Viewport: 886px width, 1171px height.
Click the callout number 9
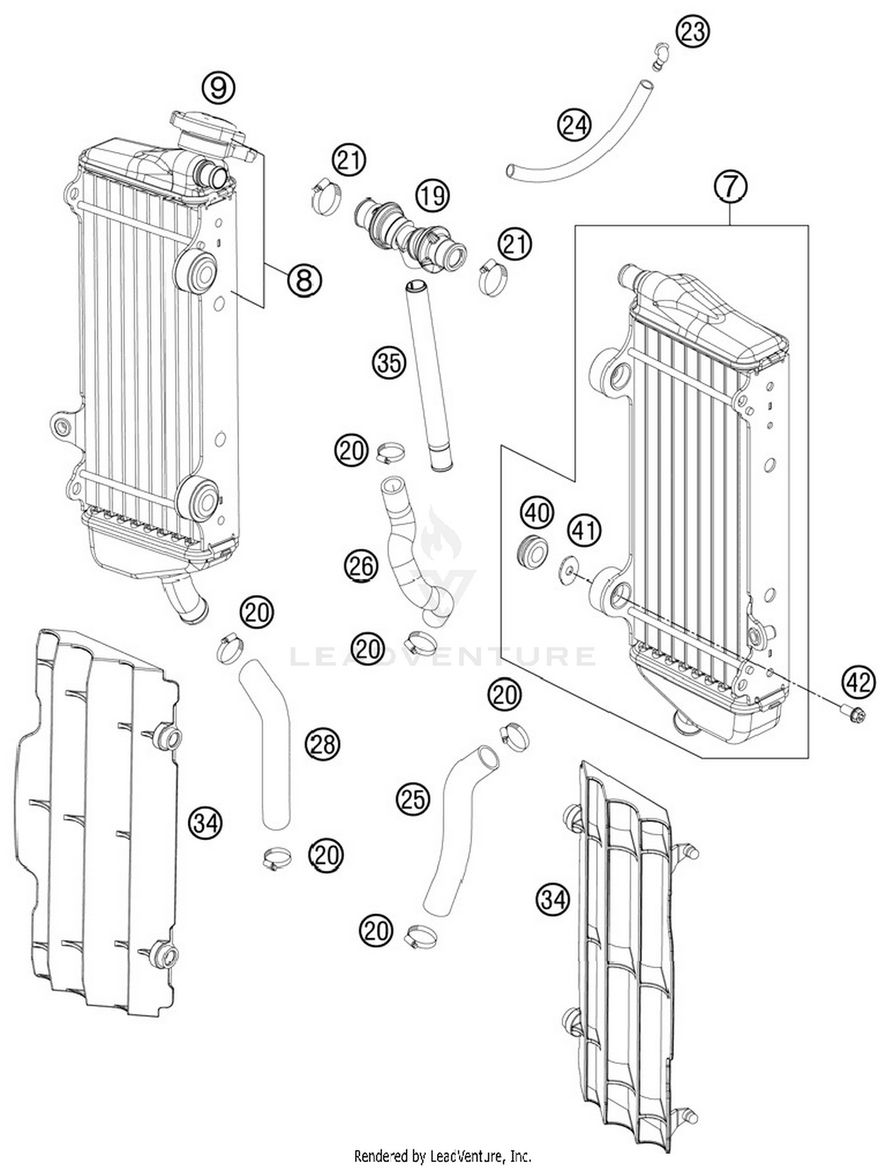click(219, 88)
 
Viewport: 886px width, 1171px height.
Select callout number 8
click(304, 280)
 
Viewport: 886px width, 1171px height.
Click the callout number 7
click(731, 186)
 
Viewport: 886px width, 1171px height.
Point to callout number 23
click(692, 30)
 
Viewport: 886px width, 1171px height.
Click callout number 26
click(361, 566)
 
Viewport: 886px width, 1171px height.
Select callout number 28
click(323, 744)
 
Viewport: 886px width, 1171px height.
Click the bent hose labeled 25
click(455, 827)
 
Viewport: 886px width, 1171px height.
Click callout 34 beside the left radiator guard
click(206, 822)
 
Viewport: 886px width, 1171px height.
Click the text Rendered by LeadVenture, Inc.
click(442, 1155)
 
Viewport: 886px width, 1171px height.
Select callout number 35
click(389, 362)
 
